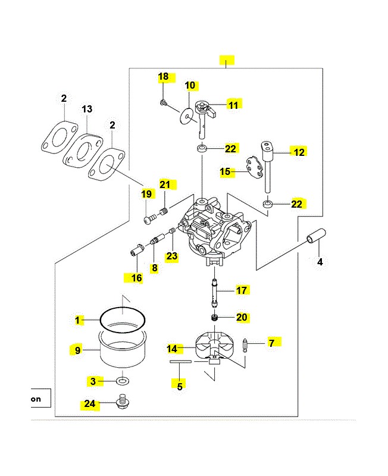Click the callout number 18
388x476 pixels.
163,77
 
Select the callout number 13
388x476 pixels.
87,109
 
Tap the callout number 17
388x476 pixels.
241,290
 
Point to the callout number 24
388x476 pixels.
89,404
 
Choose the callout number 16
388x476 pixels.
137,278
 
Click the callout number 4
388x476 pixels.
320,262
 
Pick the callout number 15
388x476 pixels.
225,171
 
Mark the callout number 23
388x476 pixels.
172,256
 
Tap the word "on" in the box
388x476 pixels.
36,399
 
